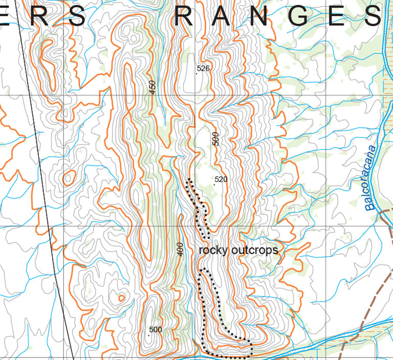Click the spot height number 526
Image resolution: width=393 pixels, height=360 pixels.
click(x=204, y=68)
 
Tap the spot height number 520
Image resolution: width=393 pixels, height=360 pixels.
click(x=221, y=179)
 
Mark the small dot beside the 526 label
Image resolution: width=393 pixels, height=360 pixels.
click(x=197, y=74)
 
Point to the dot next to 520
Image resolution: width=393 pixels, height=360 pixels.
click(x=214, y=185)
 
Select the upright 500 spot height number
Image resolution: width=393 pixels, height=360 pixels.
click(x=156, y=329)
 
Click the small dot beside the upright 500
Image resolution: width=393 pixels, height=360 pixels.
click(x=149, y=335)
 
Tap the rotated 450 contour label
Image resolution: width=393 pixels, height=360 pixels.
click(x=152, y=87)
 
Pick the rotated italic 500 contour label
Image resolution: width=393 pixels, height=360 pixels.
click(x=215, y=139)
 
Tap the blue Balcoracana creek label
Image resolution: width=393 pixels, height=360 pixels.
click(x=370, y=179)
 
